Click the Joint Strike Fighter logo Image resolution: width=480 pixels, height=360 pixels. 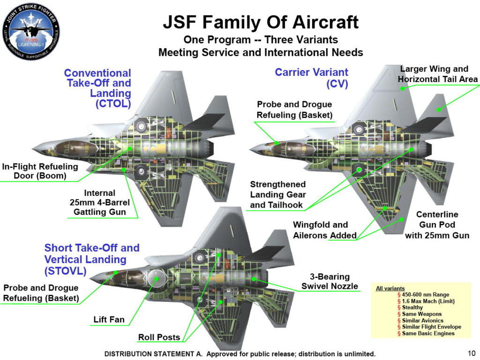point(31,31)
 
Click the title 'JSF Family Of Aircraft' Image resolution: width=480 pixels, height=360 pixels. point(260,22)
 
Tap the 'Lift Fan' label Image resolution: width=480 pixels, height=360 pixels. point(109,320)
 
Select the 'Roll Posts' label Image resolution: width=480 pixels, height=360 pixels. point(159,337)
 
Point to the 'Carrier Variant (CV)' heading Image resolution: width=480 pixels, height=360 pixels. point(311,78)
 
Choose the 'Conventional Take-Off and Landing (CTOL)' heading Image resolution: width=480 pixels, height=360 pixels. point(97,88)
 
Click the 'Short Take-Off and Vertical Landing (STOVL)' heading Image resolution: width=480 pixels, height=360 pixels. point(92,259)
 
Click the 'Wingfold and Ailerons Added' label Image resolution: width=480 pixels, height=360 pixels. point(325,230)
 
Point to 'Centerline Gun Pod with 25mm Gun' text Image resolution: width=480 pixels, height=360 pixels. point(437,225)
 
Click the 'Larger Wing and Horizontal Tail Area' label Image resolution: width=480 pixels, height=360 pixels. point(437,74)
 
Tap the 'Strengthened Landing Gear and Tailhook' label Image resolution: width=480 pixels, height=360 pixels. point(278,195)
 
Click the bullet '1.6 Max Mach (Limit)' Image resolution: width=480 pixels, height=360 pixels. point(428,301)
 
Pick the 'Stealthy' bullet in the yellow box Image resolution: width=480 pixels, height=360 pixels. point(412,307)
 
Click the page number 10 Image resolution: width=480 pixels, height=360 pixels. point(471,353)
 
